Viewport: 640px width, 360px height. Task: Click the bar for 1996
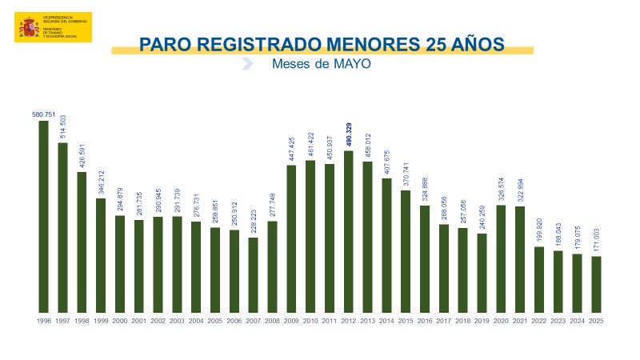point(43,216)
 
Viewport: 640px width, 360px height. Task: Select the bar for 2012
point(348,231)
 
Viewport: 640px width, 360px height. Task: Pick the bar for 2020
point(501,258)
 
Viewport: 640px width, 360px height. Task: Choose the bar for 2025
point(596,284)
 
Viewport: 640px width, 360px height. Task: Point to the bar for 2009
point(291,238)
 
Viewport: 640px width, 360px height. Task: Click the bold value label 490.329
point(349,135)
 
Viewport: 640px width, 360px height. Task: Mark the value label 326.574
point(501,186)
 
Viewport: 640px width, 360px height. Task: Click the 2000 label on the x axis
point(120,321)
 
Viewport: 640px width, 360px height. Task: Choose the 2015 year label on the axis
point(406,321)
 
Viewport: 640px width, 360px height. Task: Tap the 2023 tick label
point(558,321)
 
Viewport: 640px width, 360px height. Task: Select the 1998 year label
point(82,321)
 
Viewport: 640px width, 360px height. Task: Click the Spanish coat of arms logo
point(29,28)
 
